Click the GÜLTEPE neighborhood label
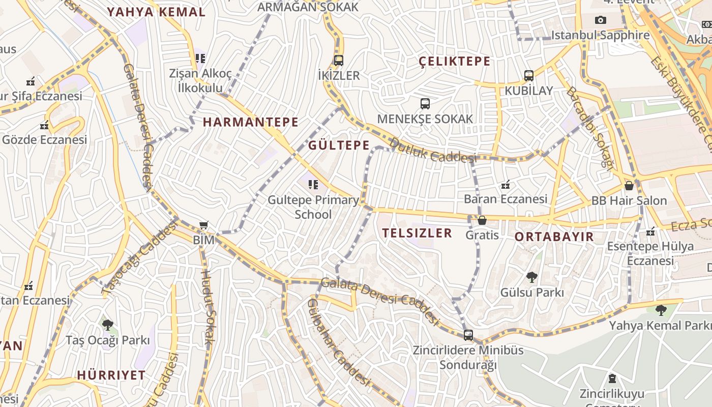(x=339, y=146)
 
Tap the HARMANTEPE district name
(x=251, y=122)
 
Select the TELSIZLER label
(x=417, y=233)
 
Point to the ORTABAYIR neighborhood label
(x=554, y=237)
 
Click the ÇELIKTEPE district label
(x=455, y=62)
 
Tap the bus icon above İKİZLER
(x=339, y=61)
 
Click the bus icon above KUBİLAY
(x=529, y=76)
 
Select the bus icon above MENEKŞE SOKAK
(x=425, y=104)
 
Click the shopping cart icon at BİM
(x=204, y=225)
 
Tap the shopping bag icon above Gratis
(x=482, y=220)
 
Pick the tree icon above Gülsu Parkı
(x=532, y=277)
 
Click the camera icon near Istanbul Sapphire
(x=601, y=20)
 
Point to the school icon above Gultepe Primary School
(x=313, y=184)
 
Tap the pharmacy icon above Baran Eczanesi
(x=506, y=184)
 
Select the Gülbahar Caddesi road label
(x=338, y=342)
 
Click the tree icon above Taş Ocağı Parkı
(x=107, y=325)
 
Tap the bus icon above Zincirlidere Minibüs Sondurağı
(x=468, y=335)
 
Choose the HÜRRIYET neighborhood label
(x=111, y=375)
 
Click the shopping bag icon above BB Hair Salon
(x=629, y=185)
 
